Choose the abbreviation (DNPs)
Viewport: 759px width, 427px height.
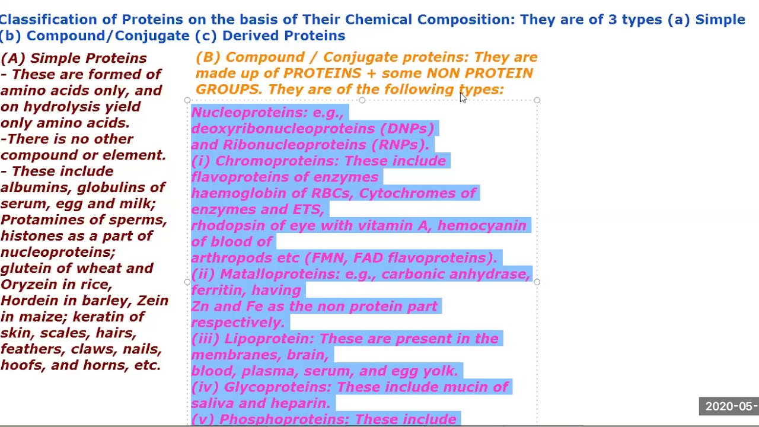tap(407, 129)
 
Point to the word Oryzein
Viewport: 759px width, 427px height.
tap(27, 285)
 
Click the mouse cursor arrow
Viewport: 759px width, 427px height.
tap(463, 98)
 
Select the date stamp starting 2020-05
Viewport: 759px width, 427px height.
tap(731, 406)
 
